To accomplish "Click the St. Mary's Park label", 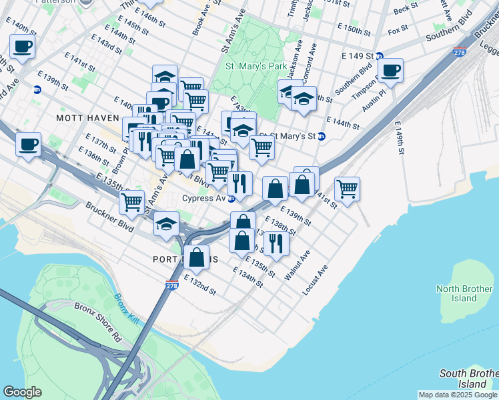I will [x=256, y=67].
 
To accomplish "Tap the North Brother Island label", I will [x=464, y=293].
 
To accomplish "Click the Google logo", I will [x=22, y=392].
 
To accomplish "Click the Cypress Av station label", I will [x=203, y=198].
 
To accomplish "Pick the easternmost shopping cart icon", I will [x=347, y=189].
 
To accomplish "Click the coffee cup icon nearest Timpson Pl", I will [x=390, y=69].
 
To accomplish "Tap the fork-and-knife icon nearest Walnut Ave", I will [x=276, y=243].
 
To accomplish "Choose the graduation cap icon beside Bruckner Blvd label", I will [x=166, y=225].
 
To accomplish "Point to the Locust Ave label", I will [x=316, y=281].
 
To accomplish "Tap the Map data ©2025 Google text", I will [x=457, y=395].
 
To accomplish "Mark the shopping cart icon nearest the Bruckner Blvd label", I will [x=132, y=201].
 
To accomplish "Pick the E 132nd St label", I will [x=200, y=285].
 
